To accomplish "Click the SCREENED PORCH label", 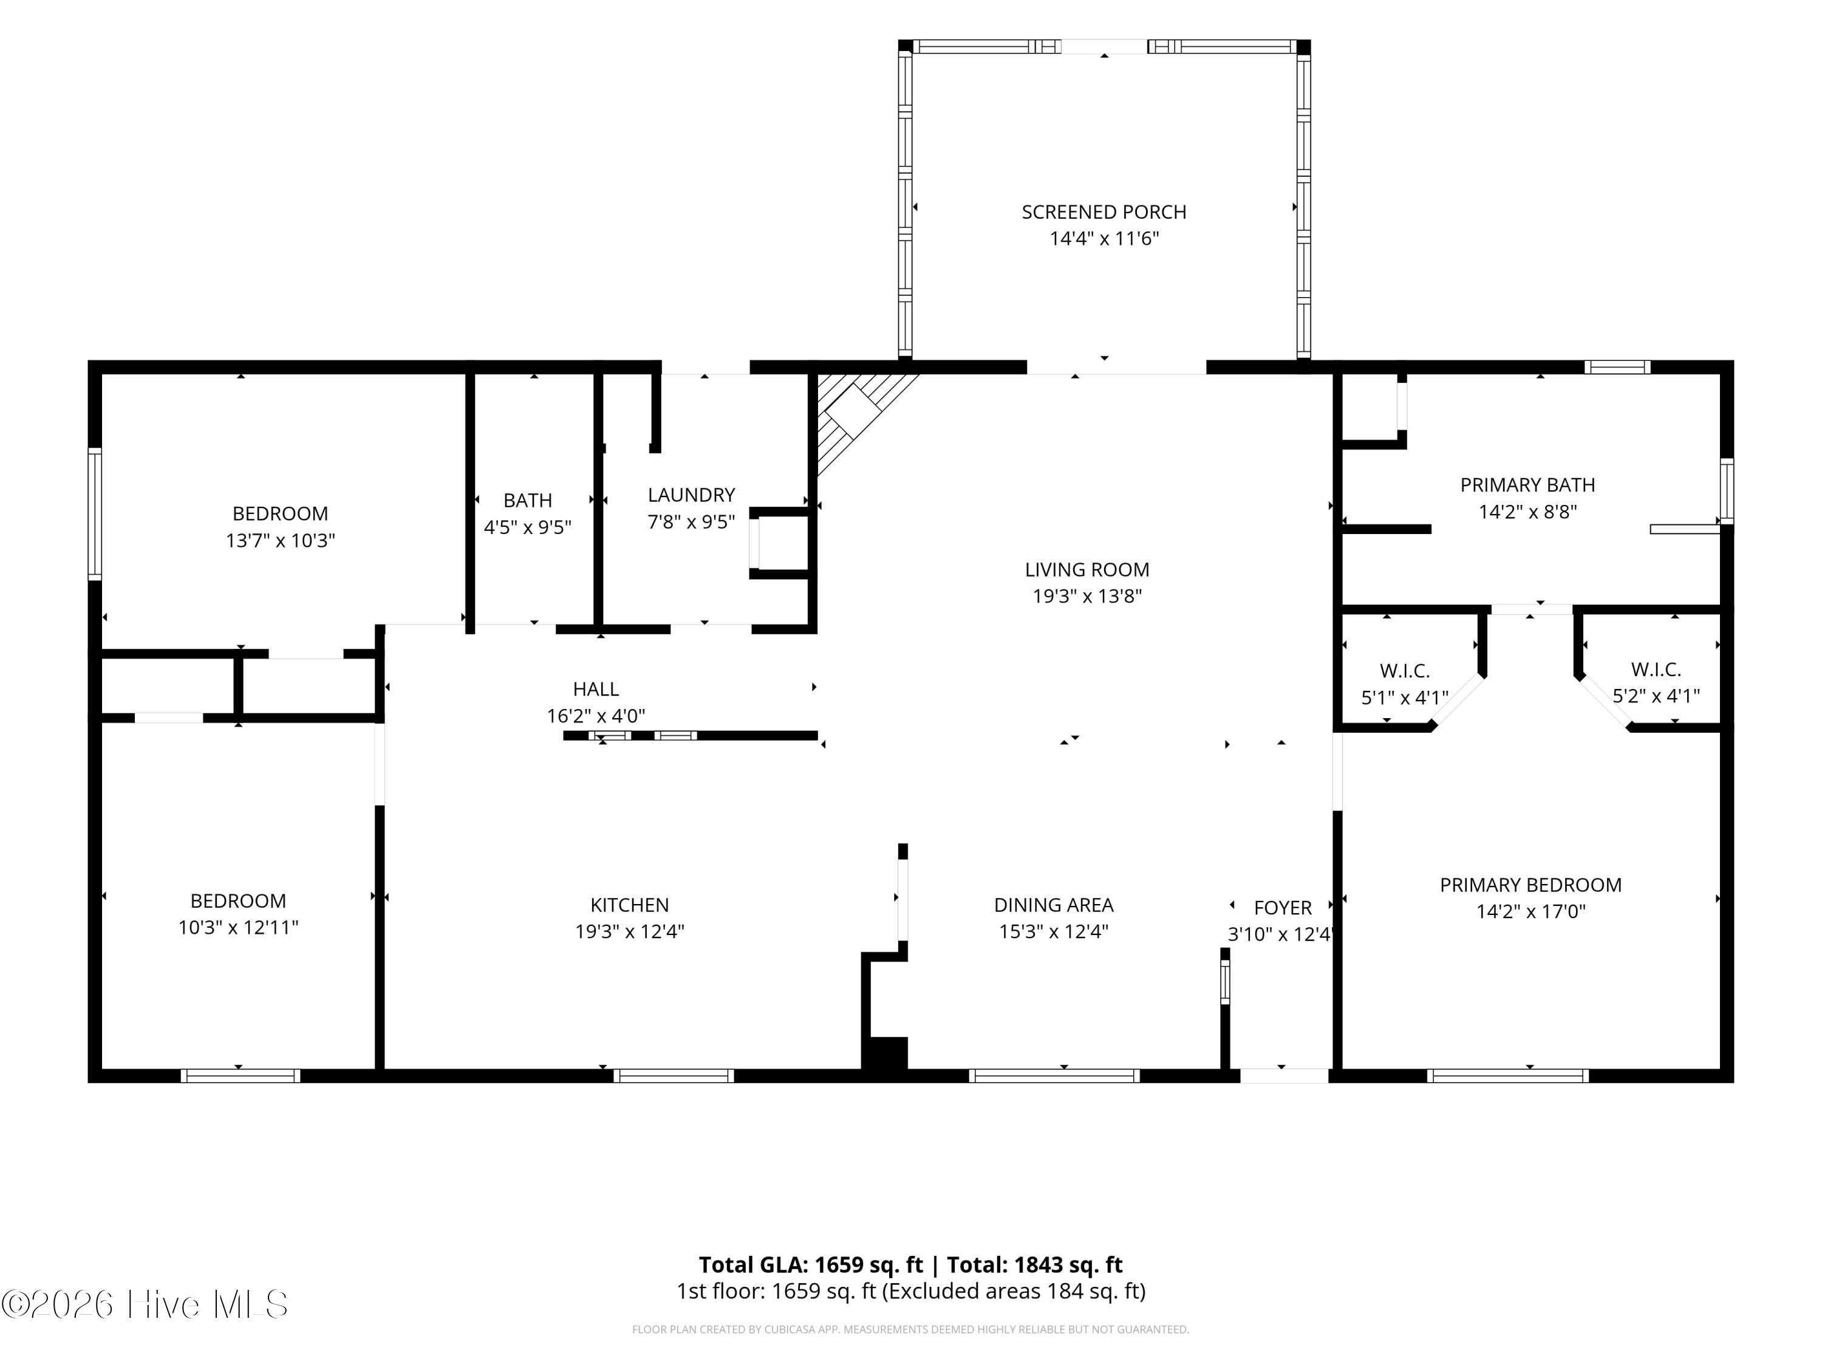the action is click(x=1104, y=212).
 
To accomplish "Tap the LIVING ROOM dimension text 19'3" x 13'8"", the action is click(x=1087, y=596).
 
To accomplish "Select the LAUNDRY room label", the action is click(x=691, y=495).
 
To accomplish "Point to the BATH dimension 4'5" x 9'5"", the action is click(x=527, y=527).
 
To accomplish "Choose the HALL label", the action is click(x=596, y=689).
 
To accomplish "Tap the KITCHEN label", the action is click(x=629, y=905).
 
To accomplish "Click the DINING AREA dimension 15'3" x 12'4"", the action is click(x=1054, y=931).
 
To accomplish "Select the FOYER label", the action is click(x=1283, y=907).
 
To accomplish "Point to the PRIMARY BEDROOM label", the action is click(x=1530, y=885).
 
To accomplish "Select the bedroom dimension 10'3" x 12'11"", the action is click(x=238, y=927).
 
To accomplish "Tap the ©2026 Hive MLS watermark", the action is click(x=145, y=1304).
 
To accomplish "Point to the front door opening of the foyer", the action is click(x=1284, y=1075).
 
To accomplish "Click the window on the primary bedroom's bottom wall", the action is click(x=1507, y=1075).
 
